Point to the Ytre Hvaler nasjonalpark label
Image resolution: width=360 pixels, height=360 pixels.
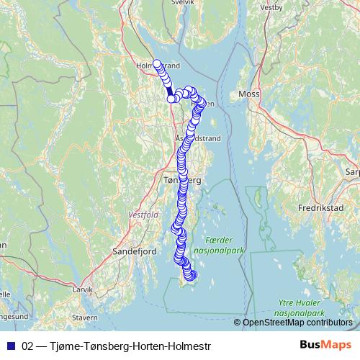pyautogui.click(x=302, y=310)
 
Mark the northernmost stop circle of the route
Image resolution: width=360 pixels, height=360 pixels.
pyautogui.click(x=156, y=63)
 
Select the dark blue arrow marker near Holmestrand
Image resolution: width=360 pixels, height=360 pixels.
pyautogui.click(x=170, y=92)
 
